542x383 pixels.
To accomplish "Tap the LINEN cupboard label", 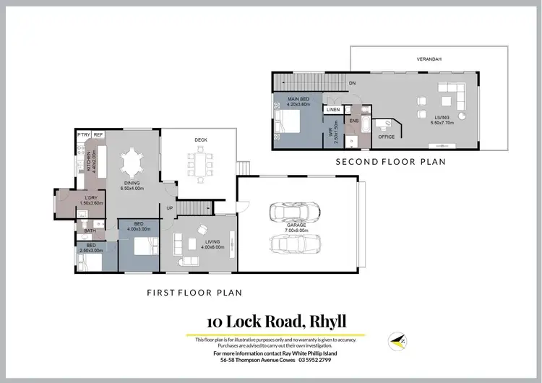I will pyautogui.click(x=333, y=110).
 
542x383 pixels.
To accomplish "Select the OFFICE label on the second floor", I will pyautogui.click(x=387, y=137).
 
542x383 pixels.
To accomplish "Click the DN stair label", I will pyautogui.click(x=352, y=82).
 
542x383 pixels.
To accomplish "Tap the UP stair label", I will pyautogui.click(x=170, y=208).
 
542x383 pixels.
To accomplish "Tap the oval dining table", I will pyautogui.click(x=132, y=163).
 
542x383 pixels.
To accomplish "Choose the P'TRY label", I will pyautogui.click(x=83, y=134).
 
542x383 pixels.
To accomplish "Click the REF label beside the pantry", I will pyautogui.click(x=98, y=134).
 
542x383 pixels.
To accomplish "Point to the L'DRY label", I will pyautogui.click(x=91, y=198).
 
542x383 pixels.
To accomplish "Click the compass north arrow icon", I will pyautogui.click(x=396, y=339).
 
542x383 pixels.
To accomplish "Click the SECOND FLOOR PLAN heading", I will pyautogui.click(x=390, y=161).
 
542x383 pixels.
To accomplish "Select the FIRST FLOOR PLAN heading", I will pyautogui.click(x=194, y=293).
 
